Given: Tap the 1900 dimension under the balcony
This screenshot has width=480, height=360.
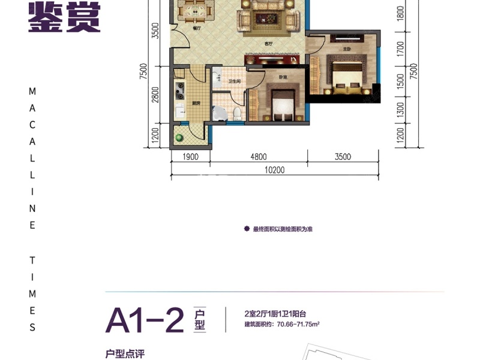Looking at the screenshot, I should pos(190,157).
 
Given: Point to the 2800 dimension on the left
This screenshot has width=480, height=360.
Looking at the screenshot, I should pos(155,95).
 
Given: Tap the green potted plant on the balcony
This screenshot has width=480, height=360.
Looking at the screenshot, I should pos(179,138).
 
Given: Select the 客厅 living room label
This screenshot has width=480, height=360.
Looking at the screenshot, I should pos(269,44).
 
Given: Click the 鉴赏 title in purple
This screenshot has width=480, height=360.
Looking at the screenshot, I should pos(64,16).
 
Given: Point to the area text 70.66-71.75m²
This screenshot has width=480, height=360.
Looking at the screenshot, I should pos(281,325).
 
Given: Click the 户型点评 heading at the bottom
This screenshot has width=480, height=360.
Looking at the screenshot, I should pos(125,353).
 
